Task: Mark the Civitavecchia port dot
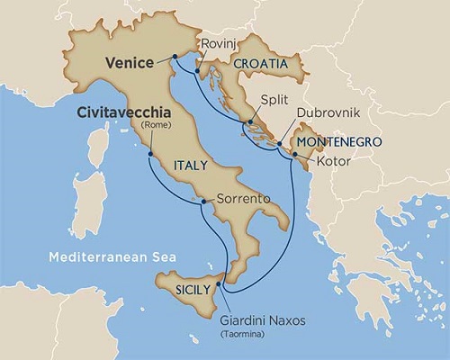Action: (x=148, y=154)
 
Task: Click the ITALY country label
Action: (x=193, y=166)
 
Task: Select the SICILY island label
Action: (x=194, y=290)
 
